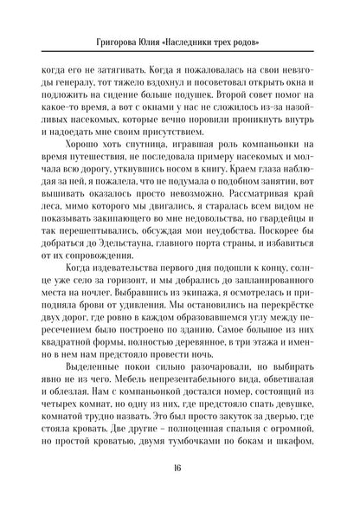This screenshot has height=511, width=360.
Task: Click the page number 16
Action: pyautogui.click(x=180, y=487)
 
